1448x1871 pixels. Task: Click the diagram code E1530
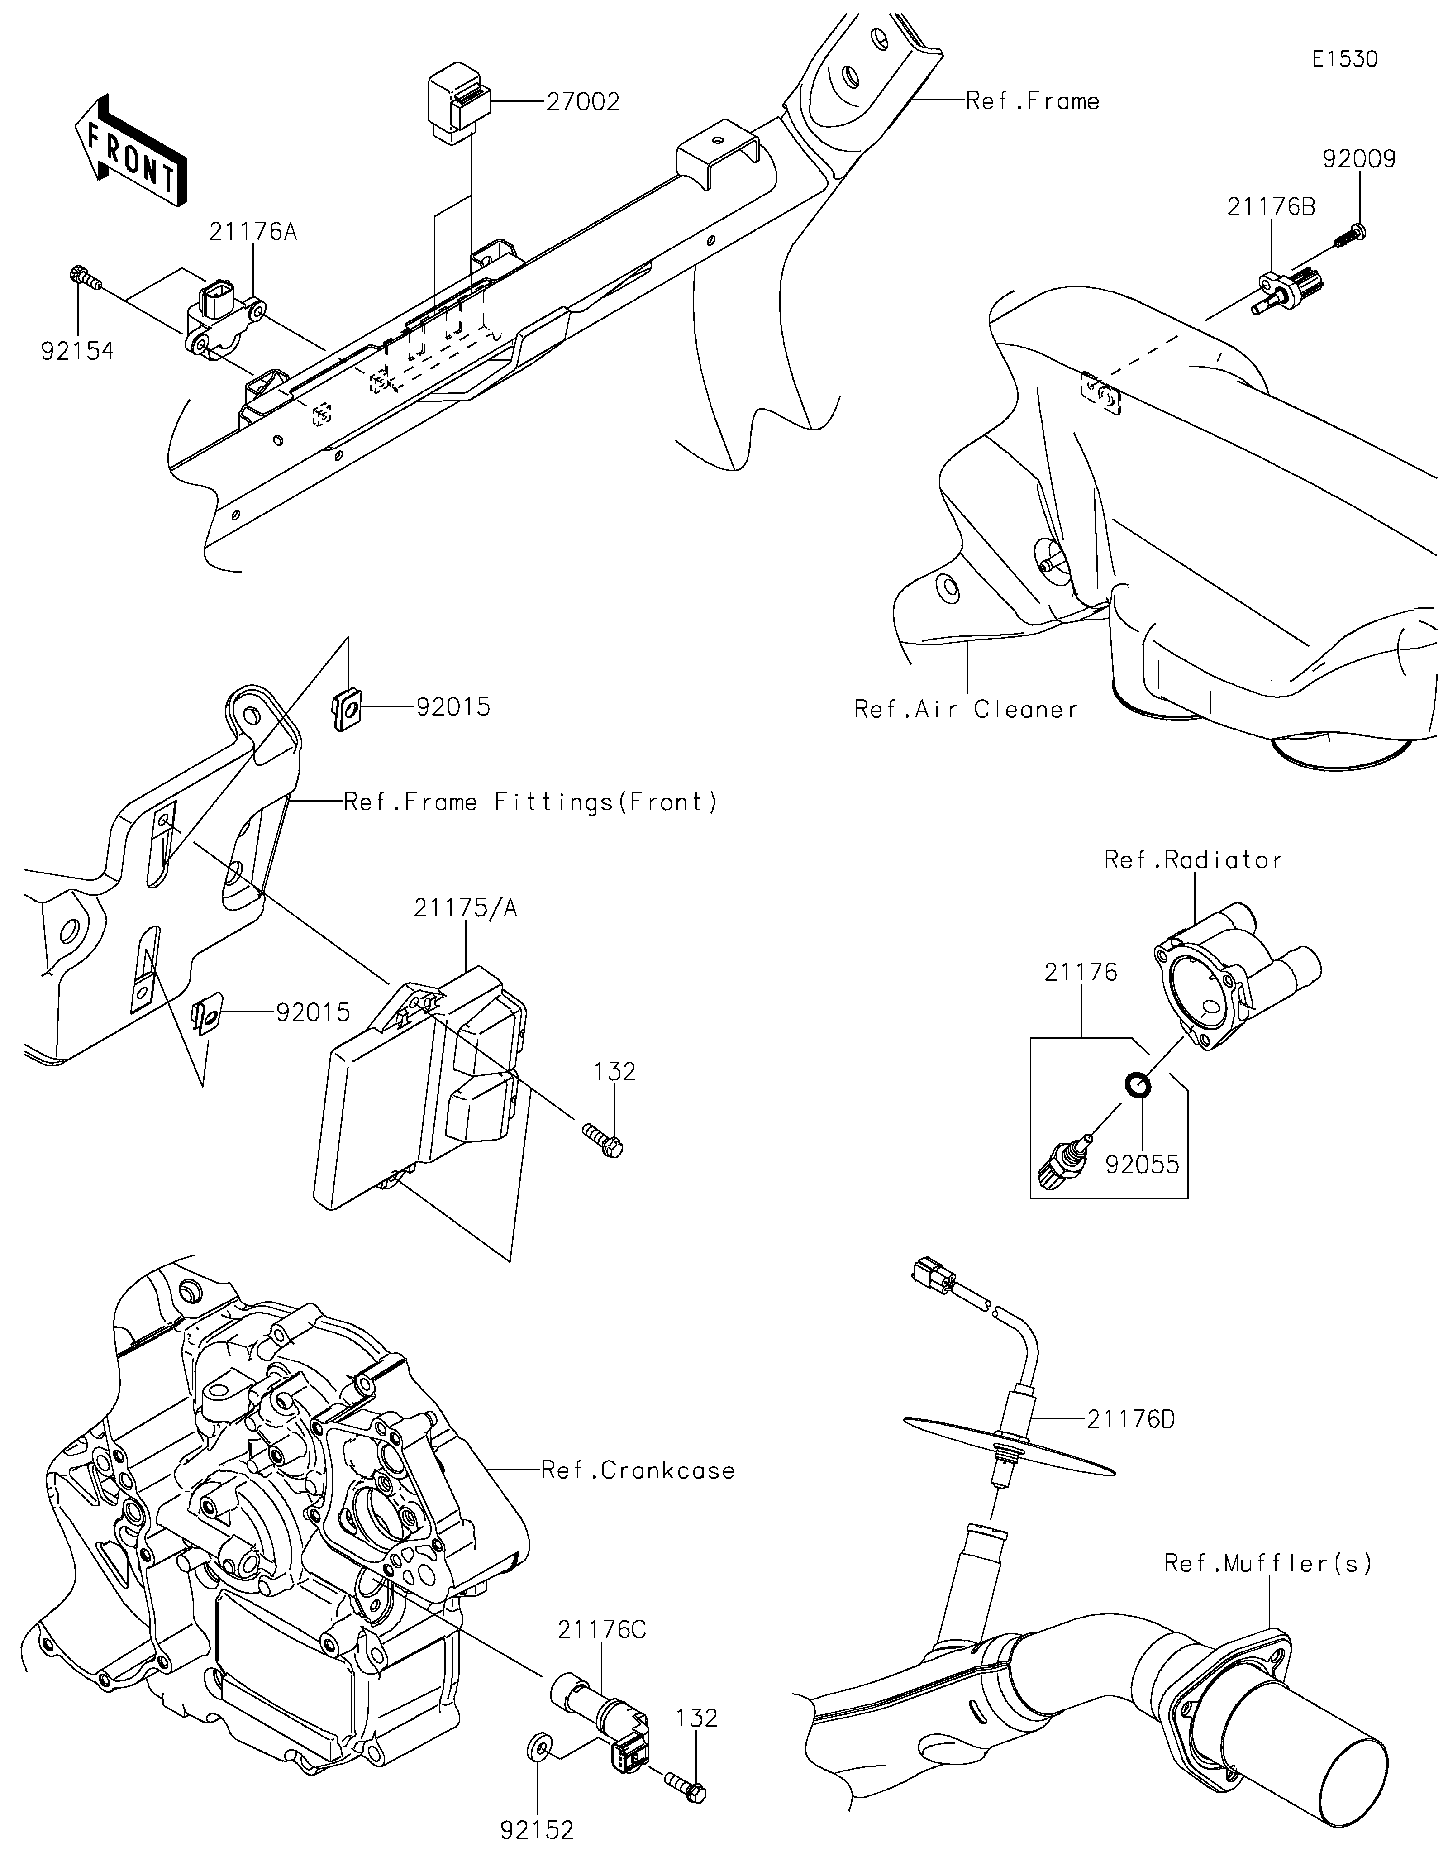tap(1345, 59)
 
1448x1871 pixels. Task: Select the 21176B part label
tap(1272, 207)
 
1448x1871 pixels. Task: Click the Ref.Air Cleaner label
tap(966, 709)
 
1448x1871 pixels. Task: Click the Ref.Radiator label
tap(1193, 859)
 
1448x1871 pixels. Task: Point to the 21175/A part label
tap(466, 908)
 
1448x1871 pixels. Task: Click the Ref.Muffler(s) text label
tap(1268, 1563)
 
